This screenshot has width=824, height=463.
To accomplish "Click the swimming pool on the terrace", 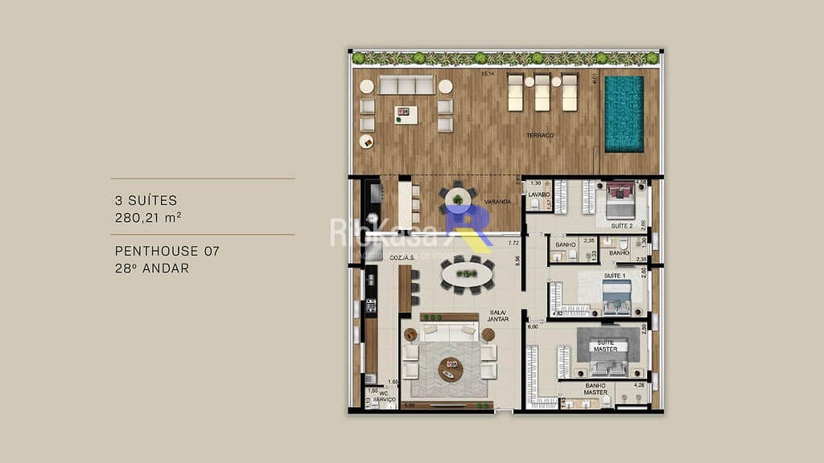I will pyautogui.click(x=624, y=113).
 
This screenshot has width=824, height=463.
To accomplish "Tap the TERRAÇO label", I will pyautogui.click(x=539, y=136).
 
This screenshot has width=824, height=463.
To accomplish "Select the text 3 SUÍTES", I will pyautogui.click(x=146, y=200).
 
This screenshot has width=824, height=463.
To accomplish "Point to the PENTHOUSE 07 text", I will pyautogui.click(x=167, y=252).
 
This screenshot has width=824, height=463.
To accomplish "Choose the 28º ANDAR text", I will pyautogui.click(x=152, y=268).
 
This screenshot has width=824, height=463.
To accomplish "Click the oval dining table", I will pyautogui.click(x=468, y=274).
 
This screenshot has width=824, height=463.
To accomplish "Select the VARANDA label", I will pyautogui.click(x=497, y=202).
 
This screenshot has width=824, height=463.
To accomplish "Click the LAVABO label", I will pyautogui.click(x=538, y=195).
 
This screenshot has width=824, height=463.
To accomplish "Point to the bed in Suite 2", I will pyautogui.click(x=620, y=201).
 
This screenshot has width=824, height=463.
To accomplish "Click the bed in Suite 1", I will pyautogui.click(x=619, y=297).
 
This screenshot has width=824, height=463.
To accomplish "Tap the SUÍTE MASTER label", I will pyautogui.click(x=605, y=346).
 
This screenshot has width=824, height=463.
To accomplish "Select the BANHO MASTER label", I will pyautogui.click(x=596, y=389).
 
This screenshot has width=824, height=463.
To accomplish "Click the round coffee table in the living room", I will pyautogui.click(x=451, y=369).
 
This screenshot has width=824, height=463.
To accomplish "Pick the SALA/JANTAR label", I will pyautogui.click(x=498, y=316).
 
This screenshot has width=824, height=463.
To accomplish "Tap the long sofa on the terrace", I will pyautogui.click(x=407, y=85).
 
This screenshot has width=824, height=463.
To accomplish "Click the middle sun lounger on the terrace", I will pyautogui.click(x=542, y=92).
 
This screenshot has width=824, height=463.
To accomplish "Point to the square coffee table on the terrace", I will pyautogui.click(x=406, y=114).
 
